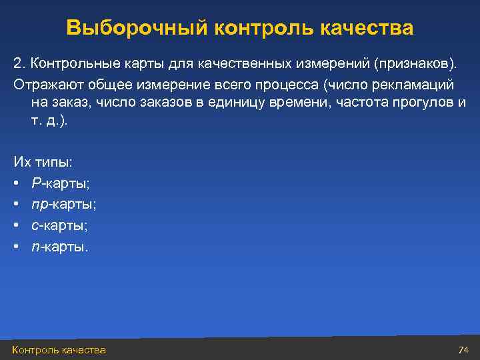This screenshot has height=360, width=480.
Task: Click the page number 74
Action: (464, 350)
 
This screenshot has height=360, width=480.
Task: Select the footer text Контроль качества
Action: (59, 350)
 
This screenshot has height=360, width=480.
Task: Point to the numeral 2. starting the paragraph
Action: (18, 63)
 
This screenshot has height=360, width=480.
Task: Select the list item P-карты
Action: (59, 183)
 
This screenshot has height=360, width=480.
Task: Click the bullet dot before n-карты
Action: (16, 247)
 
